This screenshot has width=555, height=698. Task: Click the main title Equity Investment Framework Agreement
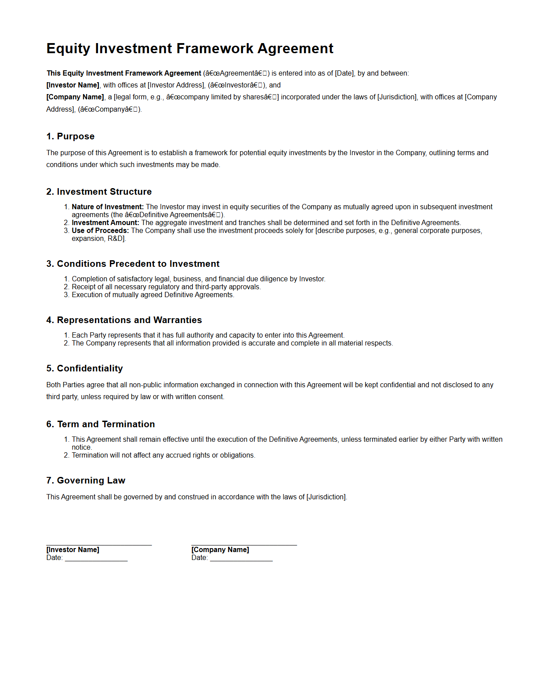click(x=190, y=48)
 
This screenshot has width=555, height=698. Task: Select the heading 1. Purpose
click(x=70, y=136)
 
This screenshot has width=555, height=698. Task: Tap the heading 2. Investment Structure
click(x=99, y=192)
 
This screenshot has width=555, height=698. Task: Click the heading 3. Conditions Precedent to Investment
click(x=133, y=264)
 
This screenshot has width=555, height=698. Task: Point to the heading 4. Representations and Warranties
click(x=124, y=320)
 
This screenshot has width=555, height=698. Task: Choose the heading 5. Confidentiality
click(x=84, y=368)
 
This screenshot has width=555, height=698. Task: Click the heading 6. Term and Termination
click(x=101, y=424)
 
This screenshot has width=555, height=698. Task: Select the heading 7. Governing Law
click(x=86, y=480)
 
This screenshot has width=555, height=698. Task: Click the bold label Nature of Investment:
click(x=108, y=207)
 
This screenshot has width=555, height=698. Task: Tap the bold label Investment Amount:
click(x=105, y=223)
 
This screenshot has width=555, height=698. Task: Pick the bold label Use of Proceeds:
click(x=100, y=231)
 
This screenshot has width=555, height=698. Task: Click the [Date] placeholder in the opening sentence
click(x=344, y=73)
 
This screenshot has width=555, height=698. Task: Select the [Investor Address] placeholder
click(x=176, y=85)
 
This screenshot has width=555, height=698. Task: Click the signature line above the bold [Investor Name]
click(x=99, y=545)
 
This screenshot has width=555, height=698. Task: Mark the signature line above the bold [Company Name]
click(x=244, y=545)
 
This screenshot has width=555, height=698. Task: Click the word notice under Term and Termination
click(x=81, y=447)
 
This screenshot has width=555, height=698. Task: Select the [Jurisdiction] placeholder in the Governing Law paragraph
click(x=326, y=497)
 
